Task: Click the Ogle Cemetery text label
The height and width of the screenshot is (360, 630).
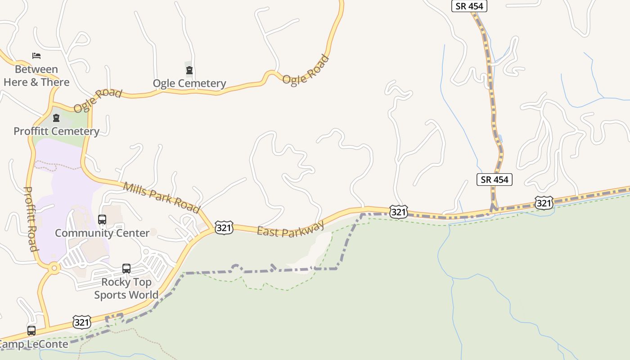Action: click(189, 83)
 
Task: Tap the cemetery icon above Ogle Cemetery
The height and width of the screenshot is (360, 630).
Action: click(189, 70)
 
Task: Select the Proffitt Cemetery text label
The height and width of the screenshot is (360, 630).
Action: click(56, 131)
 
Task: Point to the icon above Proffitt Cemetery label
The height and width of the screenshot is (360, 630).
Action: click(56, 118)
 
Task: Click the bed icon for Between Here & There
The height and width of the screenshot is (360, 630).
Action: click(36, 56)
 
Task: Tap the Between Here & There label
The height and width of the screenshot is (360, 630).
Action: click(36, 76)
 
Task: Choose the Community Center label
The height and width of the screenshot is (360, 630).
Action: click(102, 233)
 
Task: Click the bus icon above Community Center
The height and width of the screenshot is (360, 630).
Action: click(102, 220)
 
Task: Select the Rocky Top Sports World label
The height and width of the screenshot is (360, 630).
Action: click(126, 288)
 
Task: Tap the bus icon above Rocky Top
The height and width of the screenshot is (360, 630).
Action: click(126, 269)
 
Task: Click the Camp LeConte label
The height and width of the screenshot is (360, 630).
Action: click(34, 345)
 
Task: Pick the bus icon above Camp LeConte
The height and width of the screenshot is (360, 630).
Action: click(31, 331)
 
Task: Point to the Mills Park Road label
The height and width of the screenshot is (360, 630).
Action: click(161, 198)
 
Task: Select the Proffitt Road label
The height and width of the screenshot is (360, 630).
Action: click(30, 219)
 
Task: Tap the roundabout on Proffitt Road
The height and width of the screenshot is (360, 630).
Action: click(54, 268)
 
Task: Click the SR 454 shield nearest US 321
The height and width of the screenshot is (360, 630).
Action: click(494, 180)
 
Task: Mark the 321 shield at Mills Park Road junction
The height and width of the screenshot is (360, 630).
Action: click(224, 228)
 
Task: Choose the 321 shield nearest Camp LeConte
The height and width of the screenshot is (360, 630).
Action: click(81, 322)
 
